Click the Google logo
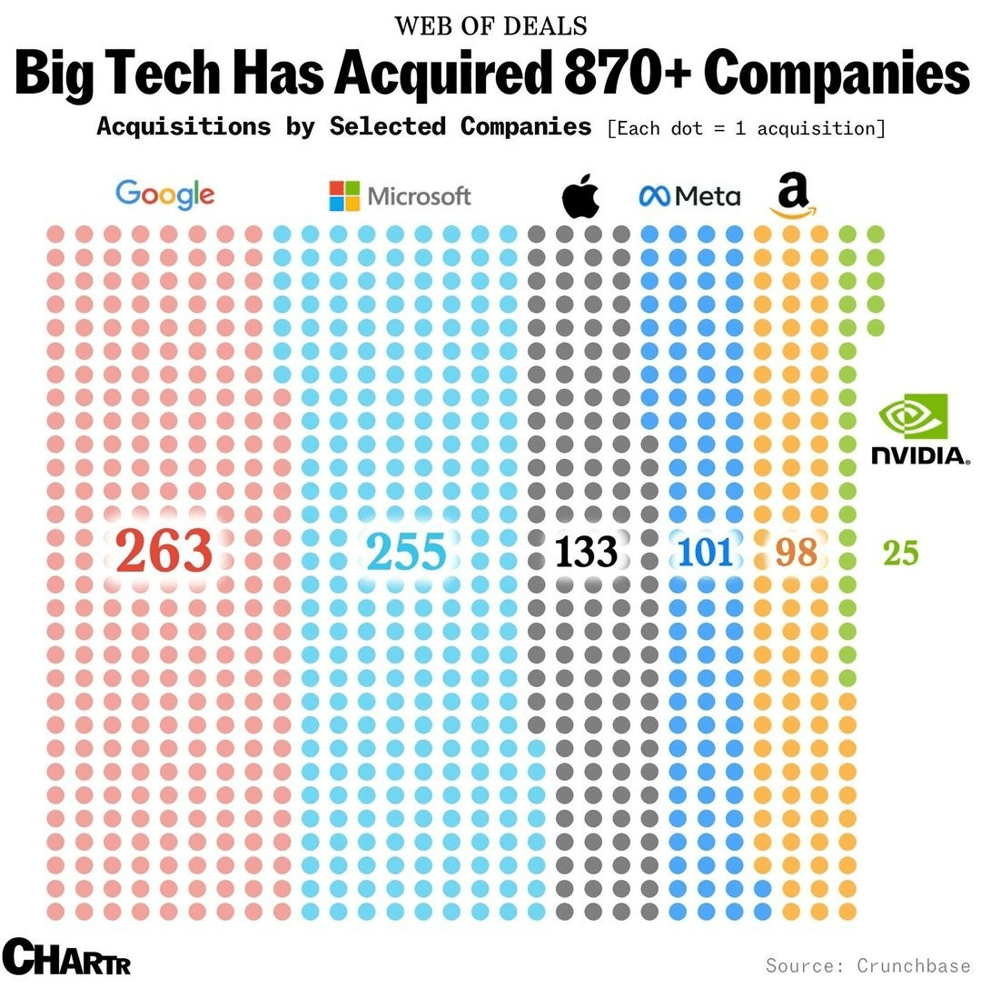pos(165,194)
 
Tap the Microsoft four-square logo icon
pos(344,195)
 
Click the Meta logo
pos(690,195)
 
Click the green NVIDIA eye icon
pos(913,416)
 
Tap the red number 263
pos(164,552)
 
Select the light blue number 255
pos(406,552)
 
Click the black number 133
pos(586,552)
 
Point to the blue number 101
pos(705,552)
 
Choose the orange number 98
pos(797,552)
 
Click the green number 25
pos(900,552)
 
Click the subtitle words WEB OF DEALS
pos(490,25)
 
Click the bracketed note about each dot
pos(745,128)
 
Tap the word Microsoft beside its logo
pos(420,195)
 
